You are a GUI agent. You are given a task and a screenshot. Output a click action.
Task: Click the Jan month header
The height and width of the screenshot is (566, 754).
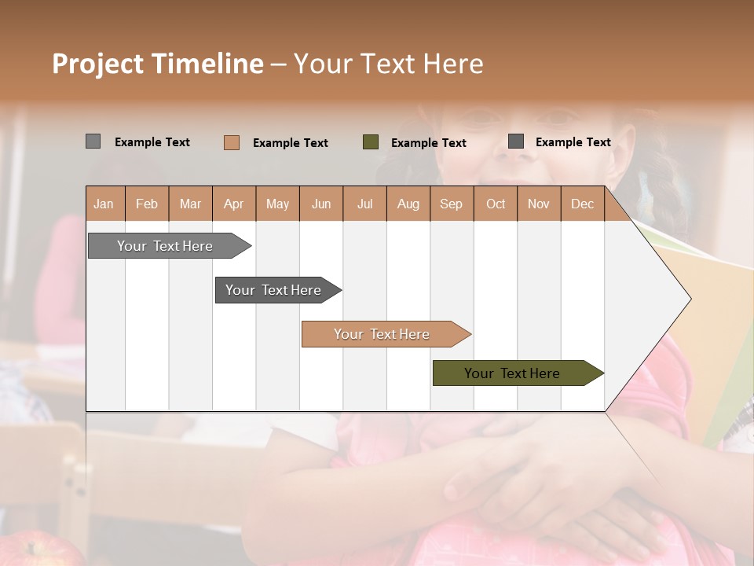[x=104, y=204]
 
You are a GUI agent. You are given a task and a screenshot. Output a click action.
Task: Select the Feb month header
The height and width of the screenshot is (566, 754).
[x=147, y=204]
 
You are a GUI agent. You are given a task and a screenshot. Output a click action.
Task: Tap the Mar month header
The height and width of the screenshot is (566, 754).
[x=190, y=204]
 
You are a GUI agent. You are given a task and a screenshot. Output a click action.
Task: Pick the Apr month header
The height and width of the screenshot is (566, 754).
[x=234, y=204]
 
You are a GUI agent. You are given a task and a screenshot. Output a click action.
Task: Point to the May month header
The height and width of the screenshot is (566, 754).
[x=277, y=204]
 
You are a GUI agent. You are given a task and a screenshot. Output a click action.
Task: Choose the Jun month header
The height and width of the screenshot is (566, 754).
[x=321, y=204]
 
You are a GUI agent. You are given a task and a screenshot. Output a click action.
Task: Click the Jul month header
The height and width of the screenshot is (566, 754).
[x=364, y=204]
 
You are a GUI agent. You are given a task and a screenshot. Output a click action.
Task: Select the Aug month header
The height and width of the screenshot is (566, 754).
[x=408, y=204]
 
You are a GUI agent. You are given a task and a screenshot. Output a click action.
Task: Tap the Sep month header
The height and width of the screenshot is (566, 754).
[x=452, y=204]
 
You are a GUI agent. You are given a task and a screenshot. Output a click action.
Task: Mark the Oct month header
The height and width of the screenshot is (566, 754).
[x=496, y=204]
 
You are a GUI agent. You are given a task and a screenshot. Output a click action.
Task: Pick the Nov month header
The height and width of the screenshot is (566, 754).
[x=539, y=204]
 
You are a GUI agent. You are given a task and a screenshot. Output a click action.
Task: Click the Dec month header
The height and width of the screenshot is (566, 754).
[x=583, y=204]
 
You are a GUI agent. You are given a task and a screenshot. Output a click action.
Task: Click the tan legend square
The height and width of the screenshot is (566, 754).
[x=232, y=142]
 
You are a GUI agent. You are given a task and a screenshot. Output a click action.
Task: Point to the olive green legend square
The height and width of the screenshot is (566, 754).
[x=371, y=142]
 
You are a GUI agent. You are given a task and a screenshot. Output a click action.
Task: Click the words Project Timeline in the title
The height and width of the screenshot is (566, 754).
[x=158, y=64]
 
